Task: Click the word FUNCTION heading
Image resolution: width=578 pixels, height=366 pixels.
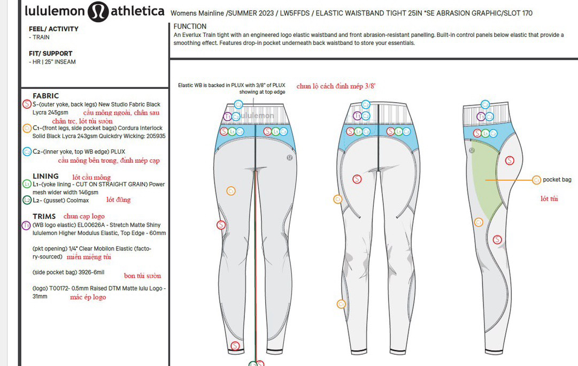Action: [190, 26]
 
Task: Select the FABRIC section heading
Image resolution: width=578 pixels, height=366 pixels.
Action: [46, 96]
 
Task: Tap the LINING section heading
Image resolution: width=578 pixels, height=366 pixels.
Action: [45, 176]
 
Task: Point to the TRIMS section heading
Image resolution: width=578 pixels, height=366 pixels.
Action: [44, 216]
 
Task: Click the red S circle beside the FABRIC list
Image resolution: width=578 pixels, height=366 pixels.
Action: [27, 104]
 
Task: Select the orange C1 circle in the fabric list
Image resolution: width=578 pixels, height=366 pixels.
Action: [27, 128]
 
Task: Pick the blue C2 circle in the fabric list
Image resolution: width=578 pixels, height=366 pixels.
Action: [27, 151]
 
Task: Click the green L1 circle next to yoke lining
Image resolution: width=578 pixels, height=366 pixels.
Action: [27, 184]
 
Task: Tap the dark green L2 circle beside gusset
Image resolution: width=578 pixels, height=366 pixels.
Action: [27, 200]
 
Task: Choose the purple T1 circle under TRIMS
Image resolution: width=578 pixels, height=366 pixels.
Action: [27, 225]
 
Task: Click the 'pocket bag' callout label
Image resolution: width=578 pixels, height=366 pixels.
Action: [557, 180]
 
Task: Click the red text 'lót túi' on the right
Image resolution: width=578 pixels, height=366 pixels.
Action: [549, 199]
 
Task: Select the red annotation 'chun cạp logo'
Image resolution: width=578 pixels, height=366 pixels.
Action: [84, 216]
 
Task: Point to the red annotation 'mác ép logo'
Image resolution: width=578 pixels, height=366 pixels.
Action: [88, 297]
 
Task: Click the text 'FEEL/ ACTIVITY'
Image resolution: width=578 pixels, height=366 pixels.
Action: [53, 29]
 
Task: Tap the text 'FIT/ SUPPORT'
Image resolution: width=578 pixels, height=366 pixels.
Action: [51, 54]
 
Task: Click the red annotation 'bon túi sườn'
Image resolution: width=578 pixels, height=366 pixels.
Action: [142, 276]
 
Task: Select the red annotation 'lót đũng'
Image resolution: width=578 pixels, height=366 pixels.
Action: [118, 200]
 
